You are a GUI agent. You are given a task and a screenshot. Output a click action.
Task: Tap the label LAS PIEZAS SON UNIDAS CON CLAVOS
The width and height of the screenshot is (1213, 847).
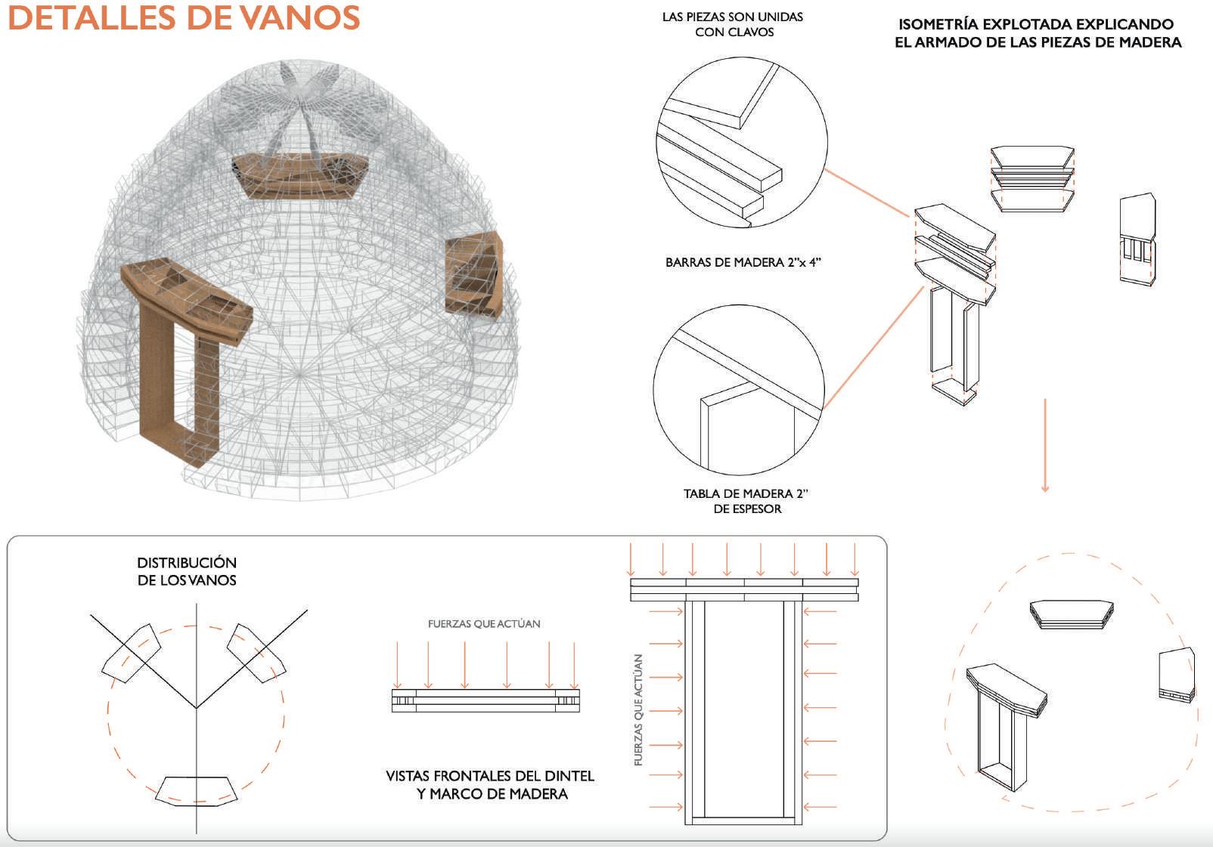[733, 24]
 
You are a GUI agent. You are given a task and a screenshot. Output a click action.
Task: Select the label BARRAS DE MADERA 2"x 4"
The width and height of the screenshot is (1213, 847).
[743, 263]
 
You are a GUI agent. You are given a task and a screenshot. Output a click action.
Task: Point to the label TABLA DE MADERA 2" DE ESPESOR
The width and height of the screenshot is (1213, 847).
[746, 501]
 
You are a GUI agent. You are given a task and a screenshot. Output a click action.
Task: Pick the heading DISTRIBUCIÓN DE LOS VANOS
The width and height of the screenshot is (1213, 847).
[187, 571]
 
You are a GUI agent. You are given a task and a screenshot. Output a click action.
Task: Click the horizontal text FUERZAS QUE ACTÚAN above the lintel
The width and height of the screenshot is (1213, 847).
[484, 623]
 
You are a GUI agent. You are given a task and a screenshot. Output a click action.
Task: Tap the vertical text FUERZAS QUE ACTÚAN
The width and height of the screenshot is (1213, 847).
[639, 710]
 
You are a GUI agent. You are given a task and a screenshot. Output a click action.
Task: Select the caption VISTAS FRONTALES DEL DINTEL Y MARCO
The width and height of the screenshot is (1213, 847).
[490, 784]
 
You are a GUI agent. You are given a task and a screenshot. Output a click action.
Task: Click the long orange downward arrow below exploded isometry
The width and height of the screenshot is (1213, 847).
[1045, 445]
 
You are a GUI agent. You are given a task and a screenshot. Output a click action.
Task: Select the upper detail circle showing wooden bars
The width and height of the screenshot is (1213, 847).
[742, 142]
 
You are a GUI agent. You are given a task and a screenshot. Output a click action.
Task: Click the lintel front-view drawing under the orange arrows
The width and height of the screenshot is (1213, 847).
[486, 700]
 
